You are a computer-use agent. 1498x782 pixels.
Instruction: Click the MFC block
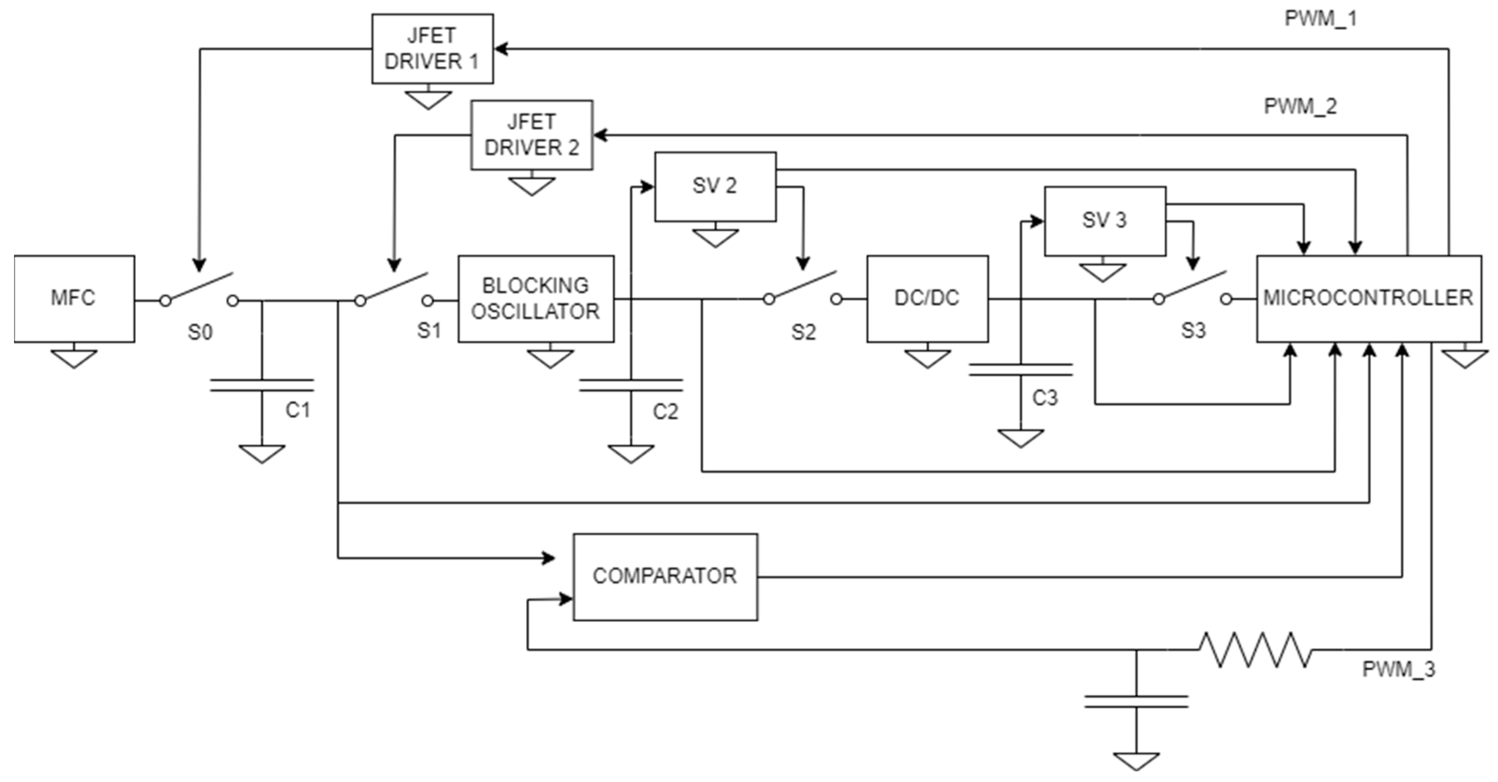click(x=74, y=298)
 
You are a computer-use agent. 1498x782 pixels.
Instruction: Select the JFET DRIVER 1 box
click(x=432, y=49)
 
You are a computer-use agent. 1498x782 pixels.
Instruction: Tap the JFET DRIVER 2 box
click(x=531, y=135)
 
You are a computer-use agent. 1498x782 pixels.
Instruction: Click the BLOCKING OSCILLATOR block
click(x=536, y=298)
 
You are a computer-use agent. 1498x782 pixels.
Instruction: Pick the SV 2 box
click(x=715, y=186)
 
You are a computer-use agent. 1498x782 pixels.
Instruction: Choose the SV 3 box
click(x=1104, y=221)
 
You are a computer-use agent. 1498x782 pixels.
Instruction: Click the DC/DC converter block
click(x=927, y=298)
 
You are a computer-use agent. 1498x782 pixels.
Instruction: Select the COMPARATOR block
click(x=665, y=576)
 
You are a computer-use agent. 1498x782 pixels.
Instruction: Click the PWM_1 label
click(x=1320, y=19)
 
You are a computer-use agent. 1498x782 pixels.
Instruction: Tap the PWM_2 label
click(x=1300, y=106)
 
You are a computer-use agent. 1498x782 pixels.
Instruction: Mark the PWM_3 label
click(x=1398, y=669)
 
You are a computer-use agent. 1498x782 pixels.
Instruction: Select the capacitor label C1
click(x=298, y=411)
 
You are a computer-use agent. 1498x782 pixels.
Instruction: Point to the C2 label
click(x=665, y=411)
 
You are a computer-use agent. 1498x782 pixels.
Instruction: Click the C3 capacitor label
click(x=1044, y=398)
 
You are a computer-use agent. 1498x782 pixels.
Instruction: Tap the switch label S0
click(x=200, y=332)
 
